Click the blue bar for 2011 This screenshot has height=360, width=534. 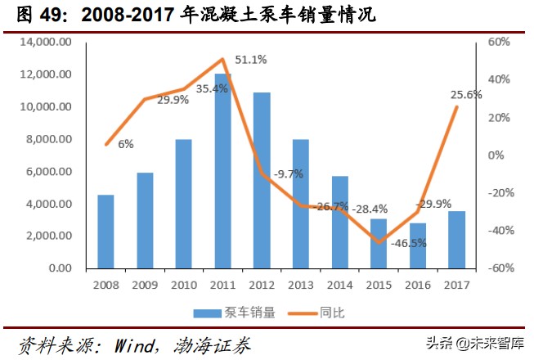[x=222, y=171]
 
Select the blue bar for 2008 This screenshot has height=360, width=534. [x=105, y=232]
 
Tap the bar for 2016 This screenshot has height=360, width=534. [x=417, y=245]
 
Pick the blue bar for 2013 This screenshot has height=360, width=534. [x=300, y=204]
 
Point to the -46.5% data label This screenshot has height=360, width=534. [x=409, y=243]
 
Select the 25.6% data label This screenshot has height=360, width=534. [x=466, y=94]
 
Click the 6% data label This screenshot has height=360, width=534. [x=126, y=144]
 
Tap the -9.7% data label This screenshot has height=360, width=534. [x=287, y=173]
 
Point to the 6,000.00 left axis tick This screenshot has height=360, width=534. [x=51, y=171]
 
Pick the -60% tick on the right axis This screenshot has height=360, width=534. [x=499, y=268]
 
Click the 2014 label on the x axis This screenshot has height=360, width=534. [x=339, y=285]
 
